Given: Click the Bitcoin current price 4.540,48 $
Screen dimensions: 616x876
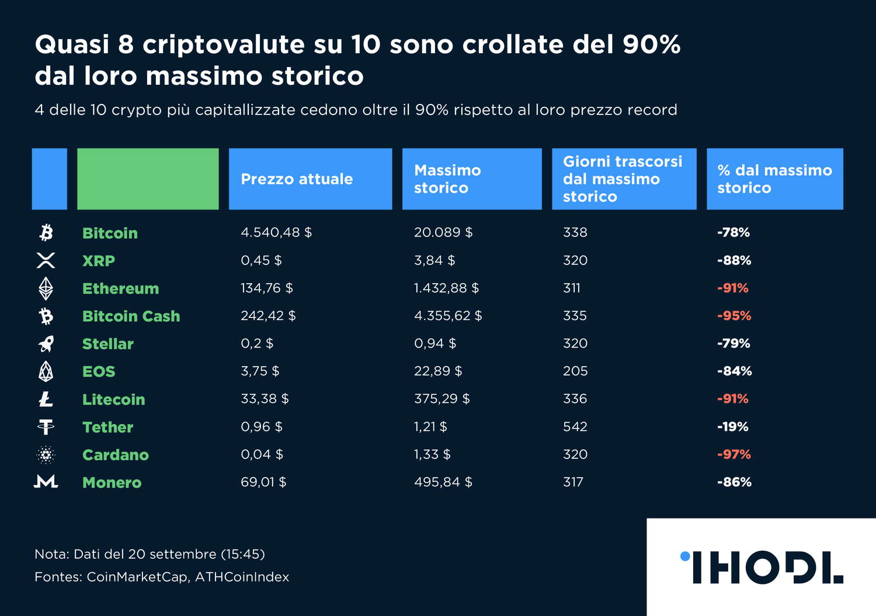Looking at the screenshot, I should (x=276, y=232).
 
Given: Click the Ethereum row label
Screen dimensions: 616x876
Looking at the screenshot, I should (x=120, y=288).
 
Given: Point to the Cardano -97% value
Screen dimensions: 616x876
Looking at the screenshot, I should (x=734, y=454).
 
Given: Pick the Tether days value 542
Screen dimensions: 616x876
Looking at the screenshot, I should (x=575, y=427).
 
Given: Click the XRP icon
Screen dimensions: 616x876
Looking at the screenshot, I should (x=46, y=260).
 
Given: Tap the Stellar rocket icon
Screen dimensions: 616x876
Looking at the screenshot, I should (x=46, y=344).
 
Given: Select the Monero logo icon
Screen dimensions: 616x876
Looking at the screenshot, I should (x=46, y=482).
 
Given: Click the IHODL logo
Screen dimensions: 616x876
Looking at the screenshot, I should (x=762, y=567).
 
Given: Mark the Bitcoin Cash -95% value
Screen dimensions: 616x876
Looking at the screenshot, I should (x=734, y=316).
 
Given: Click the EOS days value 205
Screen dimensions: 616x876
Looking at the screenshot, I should (x=575, y=371).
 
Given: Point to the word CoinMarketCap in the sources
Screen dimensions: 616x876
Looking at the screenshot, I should (x=137, y=577).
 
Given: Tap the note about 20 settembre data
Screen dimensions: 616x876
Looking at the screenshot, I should (x=150, y=554).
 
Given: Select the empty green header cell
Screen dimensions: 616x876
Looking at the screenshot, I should (x=148, y=179).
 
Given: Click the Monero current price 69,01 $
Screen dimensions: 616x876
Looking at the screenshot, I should (x=263, y=482).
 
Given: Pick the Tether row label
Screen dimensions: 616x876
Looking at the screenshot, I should (x=107, y=427).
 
